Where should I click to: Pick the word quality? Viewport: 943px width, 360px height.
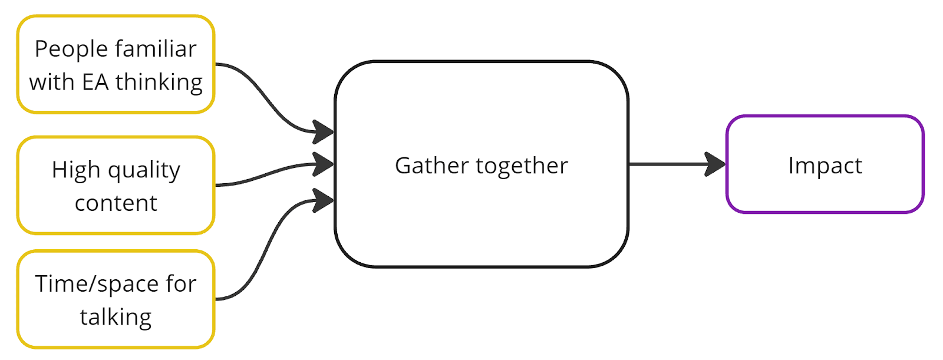[144, 171]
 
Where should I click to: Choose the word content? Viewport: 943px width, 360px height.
[116, 203]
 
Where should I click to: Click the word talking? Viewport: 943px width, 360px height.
[116, 318]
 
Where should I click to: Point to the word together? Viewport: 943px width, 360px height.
[522, 166]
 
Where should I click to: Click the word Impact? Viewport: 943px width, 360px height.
[825, 166]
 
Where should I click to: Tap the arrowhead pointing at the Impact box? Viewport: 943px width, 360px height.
[716, 164]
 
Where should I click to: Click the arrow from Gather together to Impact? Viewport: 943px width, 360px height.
[666, 164]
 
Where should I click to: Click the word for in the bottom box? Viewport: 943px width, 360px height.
[180, 284]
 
